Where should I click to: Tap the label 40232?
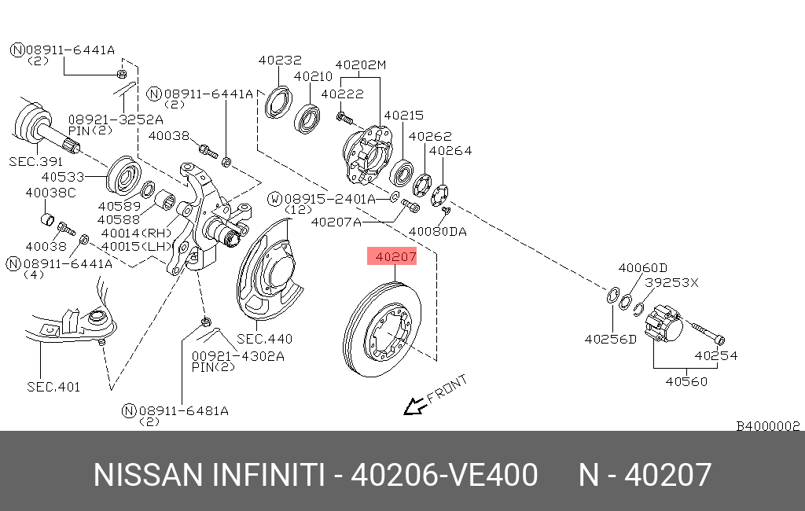tap(280, 60)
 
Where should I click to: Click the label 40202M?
tap(361, 64)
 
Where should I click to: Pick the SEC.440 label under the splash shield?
tap(264, 339)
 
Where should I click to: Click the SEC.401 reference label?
tap(53, 387)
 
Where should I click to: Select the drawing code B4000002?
tap(767, 426)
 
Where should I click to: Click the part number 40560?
tap(686, 382)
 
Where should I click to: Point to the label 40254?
tap(715, 355)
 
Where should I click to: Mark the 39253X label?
tap(671, 282)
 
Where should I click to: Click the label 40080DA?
tap(437, 232)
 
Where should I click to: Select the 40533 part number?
tap(62, 178)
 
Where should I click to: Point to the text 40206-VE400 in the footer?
tap(444, 476)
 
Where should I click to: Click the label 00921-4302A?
tap(237, 356)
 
